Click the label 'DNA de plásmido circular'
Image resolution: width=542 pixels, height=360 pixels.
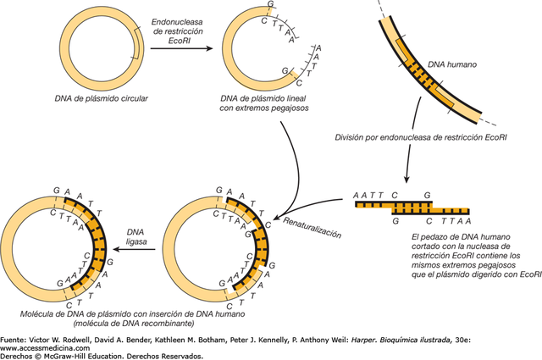[x=82, y=100]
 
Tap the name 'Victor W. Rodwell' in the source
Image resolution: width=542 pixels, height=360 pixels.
[x=67, y=339]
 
